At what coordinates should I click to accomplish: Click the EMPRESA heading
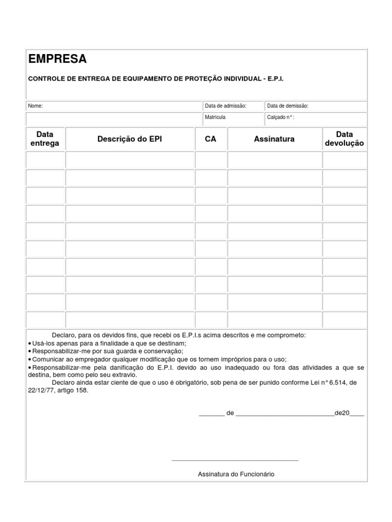click(58, 59)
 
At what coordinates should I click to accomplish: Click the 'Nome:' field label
click(35, 106)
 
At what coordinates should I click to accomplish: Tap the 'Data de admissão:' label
click(226, 106)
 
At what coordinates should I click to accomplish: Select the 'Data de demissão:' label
click(288, 106)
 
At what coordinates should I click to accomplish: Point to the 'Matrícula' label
click(215, 117)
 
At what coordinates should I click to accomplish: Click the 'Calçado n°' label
click(280, 117)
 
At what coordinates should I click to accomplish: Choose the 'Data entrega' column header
click(45, 139)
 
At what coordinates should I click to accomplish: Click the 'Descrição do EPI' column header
click(130, 139)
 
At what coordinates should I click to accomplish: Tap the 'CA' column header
click(210, 139)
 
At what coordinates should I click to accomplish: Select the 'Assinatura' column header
click(274, 139)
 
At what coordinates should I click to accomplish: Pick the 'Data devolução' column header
click(345, 139)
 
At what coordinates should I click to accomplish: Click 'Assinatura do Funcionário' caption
click(236, 474)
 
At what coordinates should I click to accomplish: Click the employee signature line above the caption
click(235, 460)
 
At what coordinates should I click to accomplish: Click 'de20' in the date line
click(341, 413)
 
